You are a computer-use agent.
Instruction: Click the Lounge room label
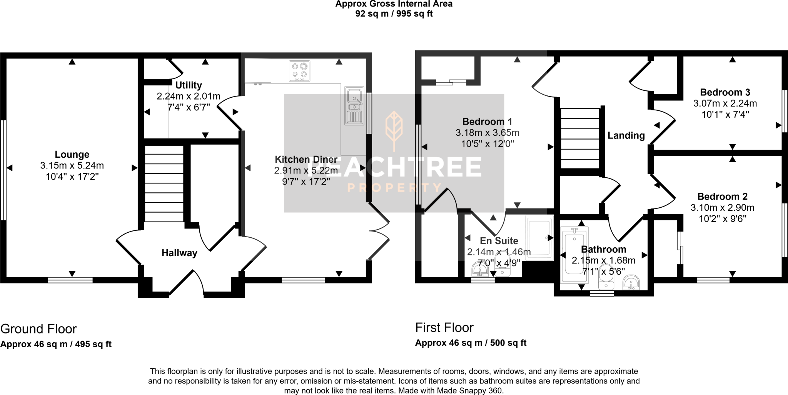pos(72,155)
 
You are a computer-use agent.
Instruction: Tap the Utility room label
pos(188,85)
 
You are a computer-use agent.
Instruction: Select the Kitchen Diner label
pos(306,159)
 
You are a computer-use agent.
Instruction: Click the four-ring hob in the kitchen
pos(299,72)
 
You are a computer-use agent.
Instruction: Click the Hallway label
pos(179,253)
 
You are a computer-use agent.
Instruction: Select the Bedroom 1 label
pos(487,122)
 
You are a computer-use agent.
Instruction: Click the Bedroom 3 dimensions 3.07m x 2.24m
pos(725,103)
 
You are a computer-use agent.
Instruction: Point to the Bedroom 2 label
pos(722,197)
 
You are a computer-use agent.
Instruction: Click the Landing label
pos(626,135)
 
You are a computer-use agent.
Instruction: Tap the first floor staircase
pos(580,138)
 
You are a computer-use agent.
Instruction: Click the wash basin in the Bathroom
pos(631,283)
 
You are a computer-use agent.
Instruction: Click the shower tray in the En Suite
pos(539,238)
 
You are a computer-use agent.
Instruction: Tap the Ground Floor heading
pos(38,329)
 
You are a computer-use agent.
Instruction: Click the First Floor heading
pos(444,328)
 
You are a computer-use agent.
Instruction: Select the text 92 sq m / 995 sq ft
pos(394,14)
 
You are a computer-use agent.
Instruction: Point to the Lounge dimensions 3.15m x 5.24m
pos(72,166)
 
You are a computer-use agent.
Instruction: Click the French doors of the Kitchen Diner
pos(379,231)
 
